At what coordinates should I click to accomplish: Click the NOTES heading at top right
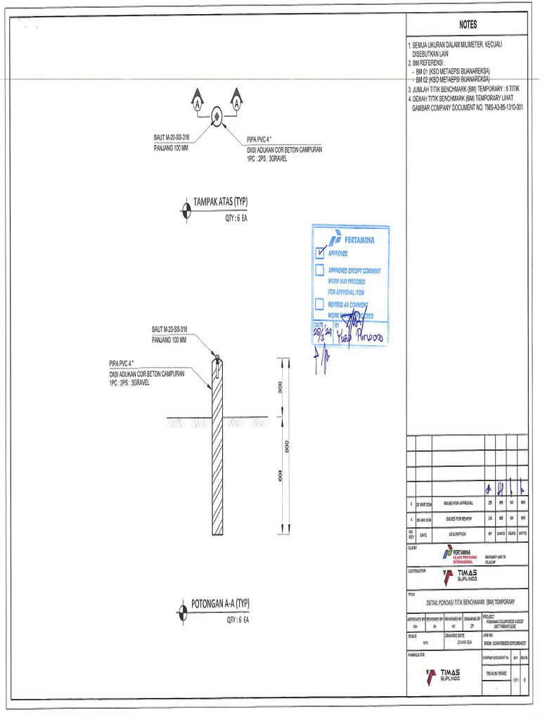tap(468, 25)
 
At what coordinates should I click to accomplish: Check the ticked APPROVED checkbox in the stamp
tap(321, 252)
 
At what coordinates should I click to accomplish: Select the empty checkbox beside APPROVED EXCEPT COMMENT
tap(320, 269)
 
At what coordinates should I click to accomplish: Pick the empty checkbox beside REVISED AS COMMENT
tap(320, 304)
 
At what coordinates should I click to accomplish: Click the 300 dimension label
tap(279, 388)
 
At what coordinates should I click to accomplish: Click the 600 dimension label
tap(279, 477)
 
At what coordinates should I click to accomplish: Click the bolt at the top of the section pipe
tap(217, 361)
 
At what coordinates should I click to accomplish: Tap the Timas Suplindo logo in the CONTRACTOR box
tap(461, 579)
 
